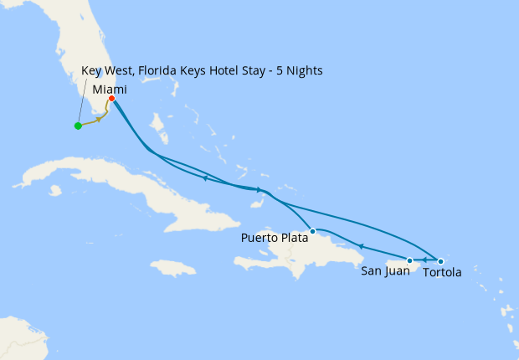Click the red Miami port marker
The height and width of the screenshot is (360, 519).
coord(111,98)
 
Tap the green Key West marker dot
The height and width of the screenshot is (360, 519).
coord(78,126)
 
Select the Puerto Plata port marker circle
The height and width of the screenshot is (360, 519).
coord(312,230)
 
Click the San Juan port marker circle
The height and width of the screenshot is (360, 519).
coord(409,261)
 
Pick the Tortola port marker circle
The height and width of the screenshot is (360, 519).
coord(441,261)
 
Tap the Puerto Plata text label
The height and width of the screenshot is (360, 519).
coord(275,238)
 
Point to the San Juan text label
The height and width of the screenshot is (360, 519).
coord(385,271)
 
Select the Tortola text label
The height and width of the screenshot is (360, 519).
coord(442,272)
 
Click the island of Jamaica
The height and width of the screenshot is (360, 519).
coord(177,268)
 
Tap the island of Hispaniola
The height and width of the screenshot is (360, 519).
coord(293,247)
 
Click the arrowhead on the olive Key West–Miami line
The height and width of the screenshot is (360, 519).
coord(100,120)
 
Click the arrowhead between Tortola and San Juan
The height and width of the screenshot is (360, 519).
coord(424,261)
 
